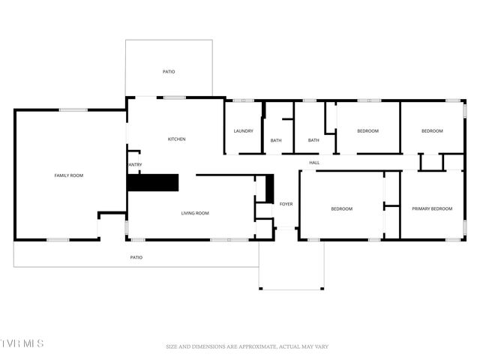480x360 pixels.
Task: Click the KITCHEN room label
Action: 176,139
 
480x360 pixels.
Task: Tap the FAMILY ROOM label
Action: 68,175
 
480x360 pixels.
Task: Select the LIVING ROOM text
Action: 195,213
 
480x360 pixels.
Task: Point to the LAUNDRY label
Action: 243,131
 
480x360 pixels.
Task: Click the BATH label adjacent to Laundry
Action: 276,140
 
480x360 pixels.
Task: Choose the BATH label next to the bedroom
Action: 313,140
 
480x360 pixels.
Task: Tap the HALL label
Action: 314,162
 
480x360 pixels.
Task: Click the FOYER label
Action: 286,204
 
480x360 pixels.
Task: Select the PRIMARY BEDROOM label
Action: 431,208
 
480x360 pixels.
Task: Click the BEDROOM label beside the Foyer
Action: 341,208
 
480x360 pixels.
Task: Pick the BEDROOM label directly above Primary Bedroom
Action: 431,131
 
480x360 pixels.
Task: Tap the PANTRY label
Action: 134,165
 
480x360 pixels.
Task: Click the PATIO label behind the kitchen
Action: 169,72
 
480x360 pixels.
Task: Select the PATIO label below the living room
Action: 136,257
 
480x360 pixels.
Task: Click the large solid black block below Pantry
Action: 153,182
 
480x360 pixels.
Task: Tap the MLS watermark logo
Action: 22,343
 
